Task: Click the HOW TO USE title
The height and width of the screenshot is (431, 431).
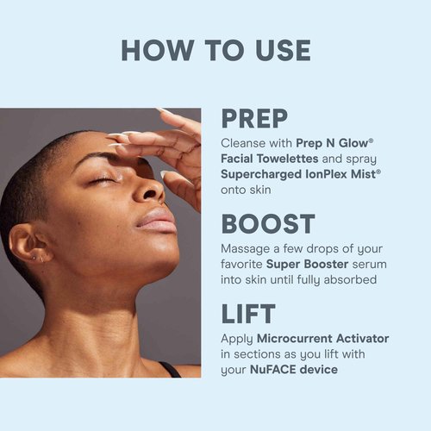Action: (215, 49)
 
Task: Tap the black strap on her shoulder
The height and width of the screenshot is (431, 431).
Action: (170, 370)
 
